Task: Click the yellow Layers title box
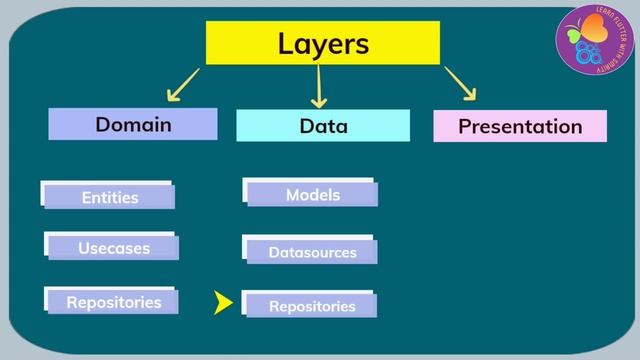click(322, 44)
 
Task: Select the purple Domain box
click(133, 125)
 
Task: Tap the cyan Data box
click(323, 126)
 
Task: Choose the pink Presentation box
click(519, 126)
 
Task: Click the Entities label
click(109, 197)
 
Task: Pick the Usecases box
click(113, 248)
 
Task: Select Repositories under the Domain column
click(113, 301)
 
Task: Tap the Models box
click(312, 195)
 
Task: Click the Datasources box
click(312, 252)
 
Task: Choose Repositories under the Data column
click(312, 306)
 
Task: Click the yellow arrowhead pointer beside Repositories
click(223, 303)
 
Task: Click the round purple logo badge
click(591, 42)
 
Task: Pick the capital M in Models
click(292, 195)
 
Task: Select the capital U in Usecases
click(84, 248)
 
